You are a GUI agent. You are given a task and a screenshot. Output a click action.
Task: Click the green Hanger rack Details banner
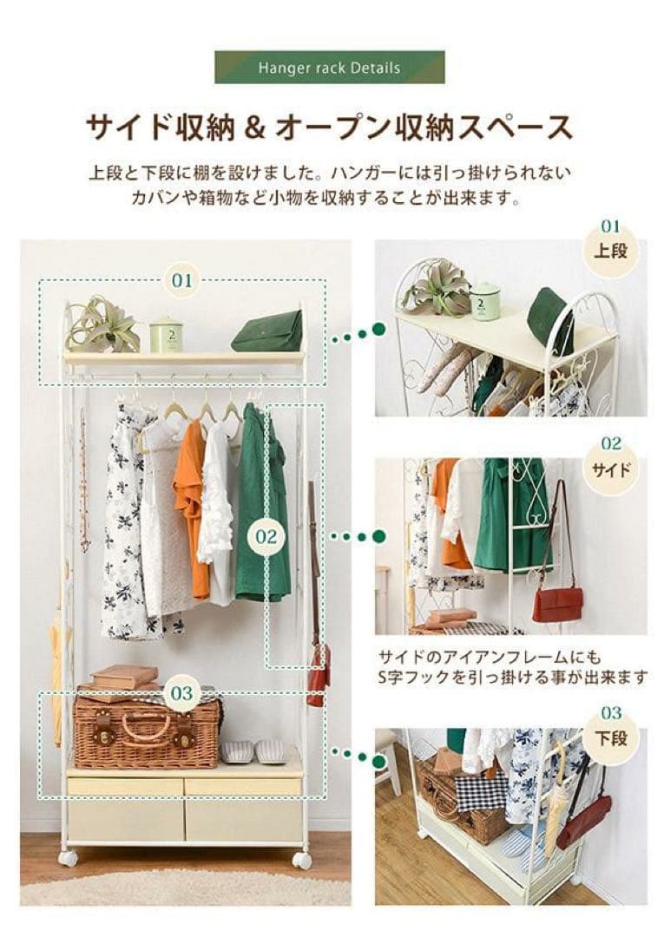329,68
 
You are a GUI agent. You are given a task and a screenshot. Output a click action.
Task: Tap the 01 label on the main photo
181,280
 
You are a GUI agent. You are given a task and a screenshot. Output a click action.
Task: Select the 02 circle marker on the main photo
266,536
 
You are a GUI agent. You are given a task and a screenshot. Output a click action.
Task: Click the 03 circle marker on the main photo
181,693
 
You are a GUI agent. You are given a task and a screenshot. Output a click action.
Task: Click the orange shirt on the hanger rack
191,503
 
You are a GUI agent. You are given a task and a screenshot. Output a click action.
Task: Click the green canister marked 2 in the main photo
165,333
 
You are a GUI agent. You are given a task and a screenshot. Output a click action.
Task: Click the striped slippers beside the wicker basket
253,751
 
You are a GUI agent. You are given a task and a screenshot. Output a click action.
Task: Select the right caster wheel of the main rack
301,860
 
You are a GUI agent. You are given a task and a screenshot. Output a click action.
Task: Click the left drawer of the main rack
125,807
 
